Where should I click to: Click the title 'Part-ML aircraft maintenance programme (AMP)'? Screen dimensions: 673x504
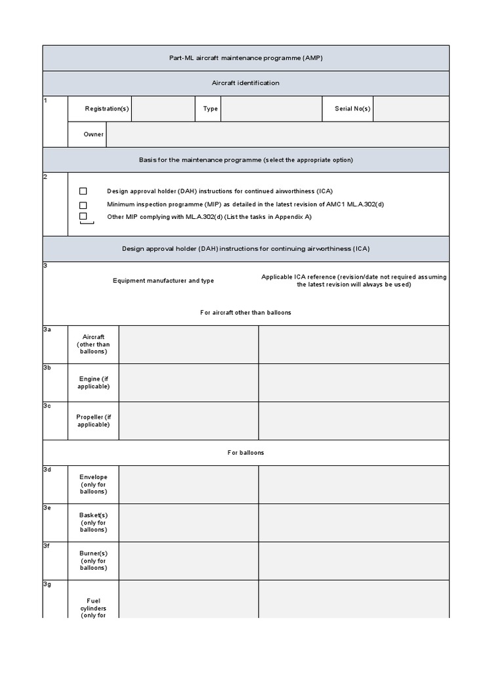click(246, 58)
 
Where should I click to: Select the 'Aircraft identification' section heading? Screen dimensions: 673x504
click(246, 83)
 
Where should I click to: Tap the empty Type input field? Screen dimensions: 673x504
click(271, 109)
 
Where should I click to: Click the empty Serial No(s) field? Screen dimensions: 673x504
click(411, 109)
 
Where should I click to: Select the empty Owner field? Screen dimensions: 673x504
click(277, 134)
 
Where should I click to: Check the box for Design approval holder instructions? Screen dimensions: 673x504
click(83, 191)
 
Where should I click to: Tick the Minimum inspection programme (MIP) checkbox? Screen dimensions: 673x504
click(83, 204)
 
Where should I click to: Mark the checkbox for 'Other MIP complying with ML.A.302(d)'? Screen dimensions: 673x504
click(83, 216)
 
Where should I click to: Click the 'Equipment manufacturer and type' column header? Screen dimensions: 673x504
click(163, 281)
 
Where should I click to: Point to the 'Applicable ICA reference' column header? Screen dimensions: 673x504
click(354, 281)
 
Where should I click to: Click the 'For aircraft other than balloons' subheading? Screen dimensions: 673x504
click(245, 312)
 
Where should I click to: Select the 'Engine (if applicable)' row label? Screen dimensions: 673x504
click(93, 383)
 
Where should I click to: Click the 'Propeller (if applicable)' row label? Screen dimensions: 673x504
click(93, 421)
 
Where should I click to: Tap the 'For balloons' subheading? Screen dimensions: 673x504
click(245, 453)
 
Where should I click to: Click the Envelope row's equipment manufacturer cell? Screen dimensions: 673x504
click(188, 484)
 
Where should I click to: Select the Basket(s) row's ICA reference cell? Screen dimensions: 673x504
click(354, 522)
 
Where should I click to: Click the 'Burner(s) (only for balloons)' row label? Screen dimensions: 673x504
click(93, 561)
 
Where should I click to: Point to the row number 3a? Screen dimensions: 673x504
click(47, 329)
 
